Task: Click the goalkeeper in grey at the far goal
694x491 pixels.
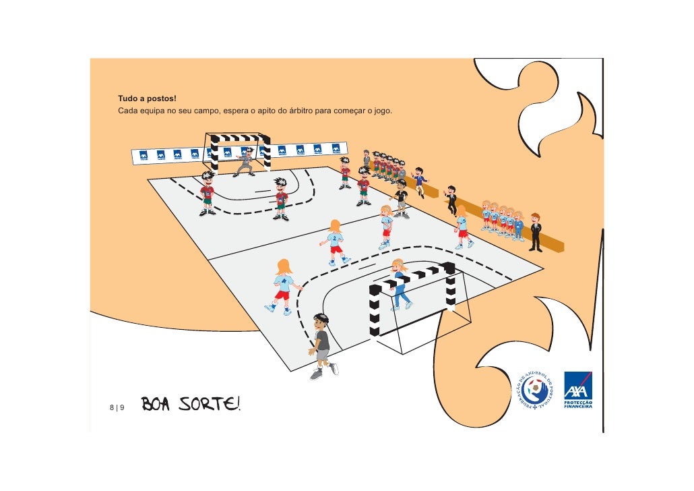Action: tap(245, 162)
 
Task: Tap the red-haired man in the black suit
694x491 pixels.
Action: tap(536, 231)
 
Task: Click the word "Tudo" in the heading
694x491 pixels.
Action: tap(128, 100)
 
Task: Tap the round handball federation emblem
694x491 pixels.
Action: tap(535, 390)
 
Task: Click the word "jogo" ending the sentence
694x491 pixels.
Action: tap(383, 111)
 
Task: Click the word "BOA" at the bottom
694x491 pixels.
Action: tap(158, 405)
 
